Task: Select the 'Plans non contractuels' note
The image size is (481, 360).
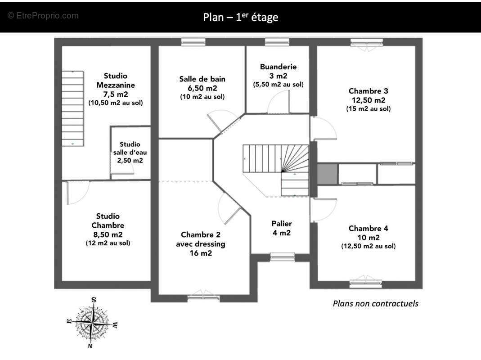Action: click(375, 303)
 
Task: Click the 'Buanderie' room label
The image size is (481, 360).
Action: click(278, 67)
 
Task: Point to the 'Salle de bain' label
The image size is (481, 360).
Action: click(202, 79)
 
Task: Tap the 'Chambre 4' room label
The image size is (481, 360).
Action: click(368, 228)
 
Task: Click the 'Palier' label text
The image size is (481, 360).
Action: click(282, 224)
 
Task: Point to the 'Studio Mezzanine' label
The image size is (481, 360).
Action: click(116, 80)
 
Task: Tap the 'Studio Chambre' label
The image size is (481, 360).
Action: click(108, 220)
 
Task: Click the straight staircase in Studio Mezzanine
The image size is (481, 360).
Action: click(72, 108)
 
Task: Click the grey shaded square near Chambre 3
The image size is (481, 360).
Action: click(327, 174)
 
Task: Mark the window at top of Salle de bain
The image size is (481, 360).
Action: click(193, 42)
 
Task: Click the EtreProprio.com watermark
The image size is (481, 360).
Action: click(43, 16)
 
